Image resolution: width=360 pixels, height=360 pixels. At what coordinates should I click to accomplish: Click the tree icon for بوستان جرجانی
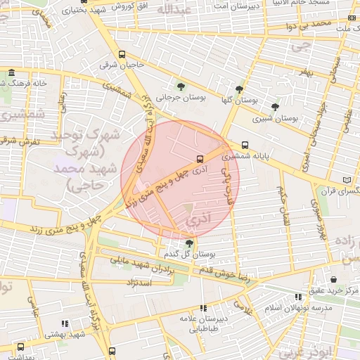pyautogui.click(x=181, y=87)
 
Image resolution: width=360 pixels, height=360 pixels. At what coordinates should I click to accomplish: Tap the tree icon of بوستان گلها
pyautogui.click(x=240, y=89)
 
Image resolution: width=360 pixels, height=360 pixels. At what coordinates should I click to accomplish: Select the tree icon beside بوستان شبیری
pyautogui.click(x=275, y=108)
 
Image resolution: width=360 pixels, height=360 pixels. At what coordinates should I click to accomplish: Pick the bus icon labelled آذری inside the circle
pyautogui.click(x=200, y=159)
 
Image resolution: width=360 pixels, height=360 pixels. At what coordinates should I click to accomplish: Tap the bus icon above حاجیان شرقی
pyautogui.click(x=122, y=55)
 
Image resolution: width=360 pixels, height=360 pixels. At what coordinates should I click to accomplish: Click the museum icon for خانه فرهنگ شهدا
pyautogui.click(x=11, y=72)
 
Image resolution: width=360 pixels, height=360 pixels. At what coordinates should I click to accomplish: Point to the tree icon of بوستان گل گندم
pyautogui.click(x=189, y=243)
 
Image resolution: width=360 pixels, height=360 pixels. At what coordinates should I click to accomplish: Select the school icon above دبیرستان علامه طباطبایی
pyautogui.click(x=204, y=307)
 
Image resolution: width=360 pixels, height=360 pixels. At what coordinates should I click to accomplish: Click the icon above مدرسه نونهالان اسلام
pyautogui.click(x=299, y=297)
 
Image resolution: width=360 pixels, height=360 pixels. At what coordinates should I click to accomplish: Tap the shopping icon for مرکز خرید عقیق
pyautogui.click(x=333, y=280)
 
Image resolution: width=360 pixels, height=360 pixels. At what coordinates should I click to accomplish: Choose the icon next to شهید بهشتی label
pyautogui.click(x=64, y=323)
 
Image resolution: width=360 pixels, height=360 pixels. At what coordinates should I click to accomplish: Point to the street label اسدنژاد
pyautogui.click(x=139, y=283)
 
